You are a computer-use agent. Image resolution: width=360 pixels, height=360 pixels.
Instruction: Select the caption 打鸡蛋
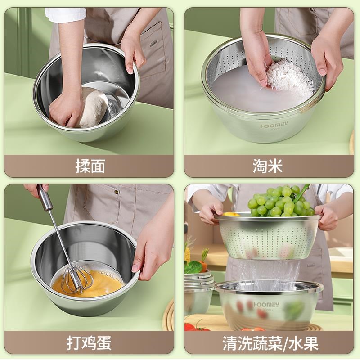(90, 343)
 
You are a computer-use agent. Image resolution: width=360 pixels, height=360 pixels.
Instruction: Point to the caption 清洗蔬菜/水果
(270, 343)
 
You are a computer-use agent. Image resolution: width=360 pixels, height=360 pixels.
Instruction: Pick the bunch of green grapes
(279, 202)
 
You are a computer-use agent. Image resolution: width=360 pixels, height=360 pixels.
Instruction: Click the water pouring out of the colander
(270, 270)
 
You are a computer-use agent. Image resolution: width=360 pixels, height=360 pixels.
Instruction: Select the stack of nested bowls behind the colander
(198, 288)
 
